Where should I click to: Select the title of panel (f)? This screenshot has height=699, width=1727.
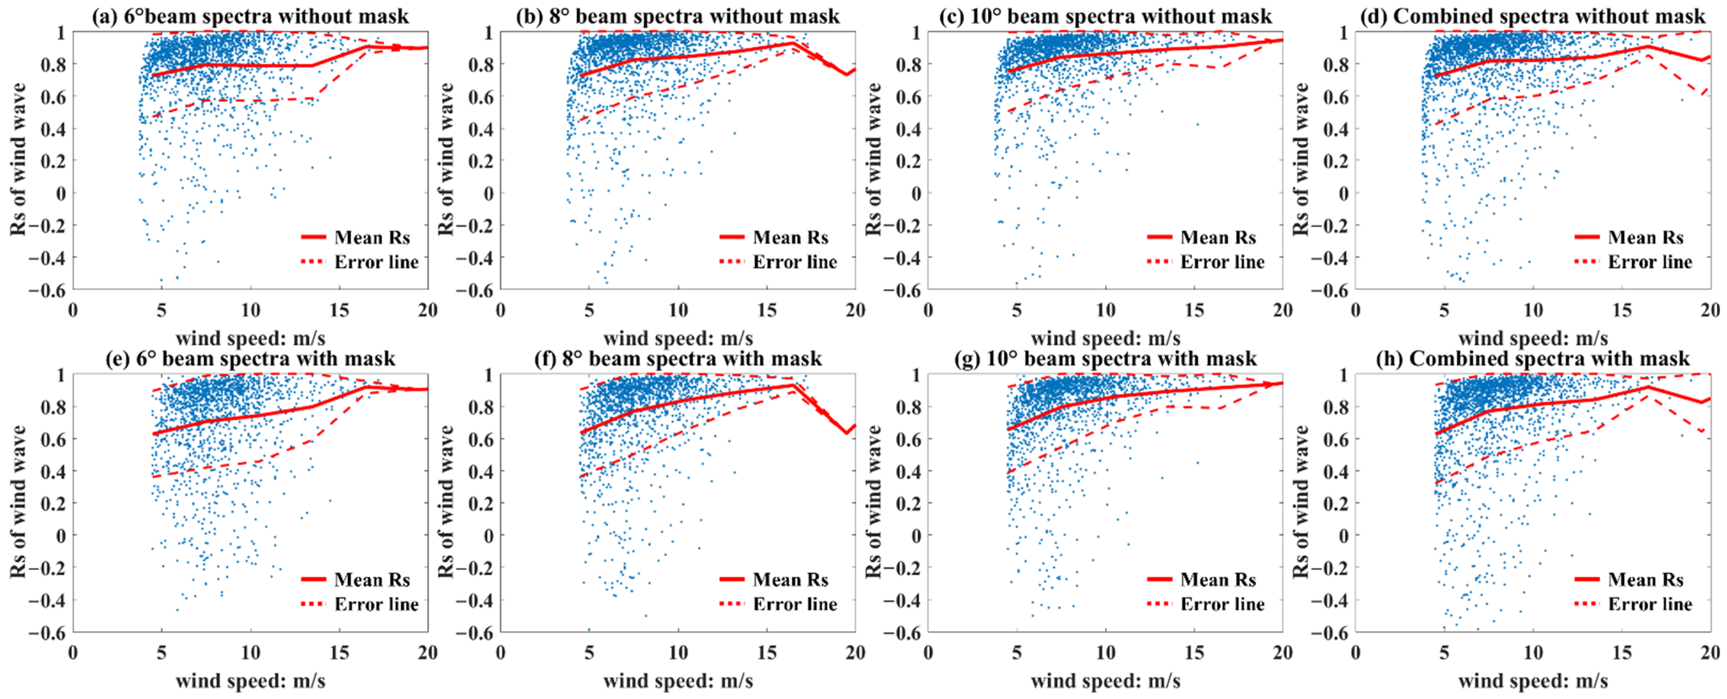679,358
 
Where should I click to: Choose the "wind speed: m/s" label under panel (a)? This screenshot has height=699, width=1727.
251,338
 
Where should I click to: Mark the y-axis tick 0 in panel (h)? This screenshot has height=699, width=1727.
1343,535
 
